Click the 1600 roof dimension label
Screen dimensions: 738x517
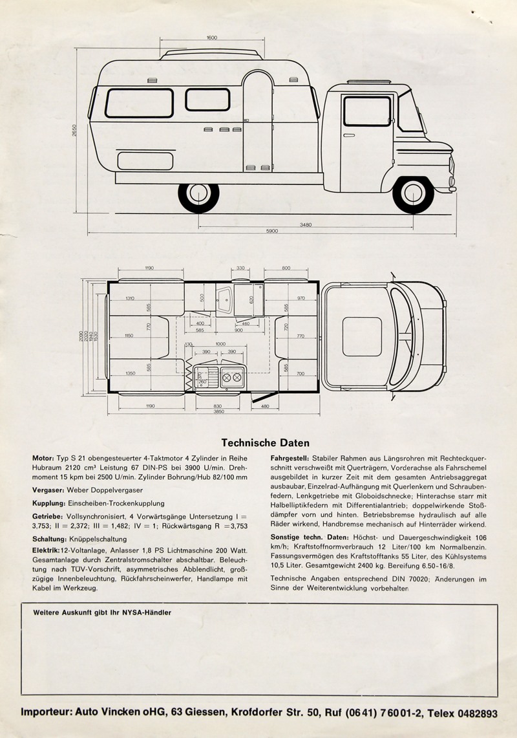tap(211, 38)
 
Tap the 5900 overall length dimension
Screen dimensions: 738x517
tap(272, 231)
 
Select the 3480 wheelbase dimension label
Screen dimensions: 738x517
tap(306, 224)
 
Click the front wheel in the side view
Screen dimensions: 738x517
tap(412, 192)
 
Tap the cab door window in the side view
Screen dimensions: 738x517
tap(366, 111)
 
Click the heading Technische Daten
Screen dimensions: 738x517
tap(265, 443)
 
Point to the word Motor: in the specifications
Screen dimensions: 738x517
tap(43, 458)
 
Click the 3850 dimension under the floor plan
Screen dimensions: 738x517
tap(218, 411)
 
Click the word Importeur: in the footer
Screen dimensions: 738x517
tap(47, 713)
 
